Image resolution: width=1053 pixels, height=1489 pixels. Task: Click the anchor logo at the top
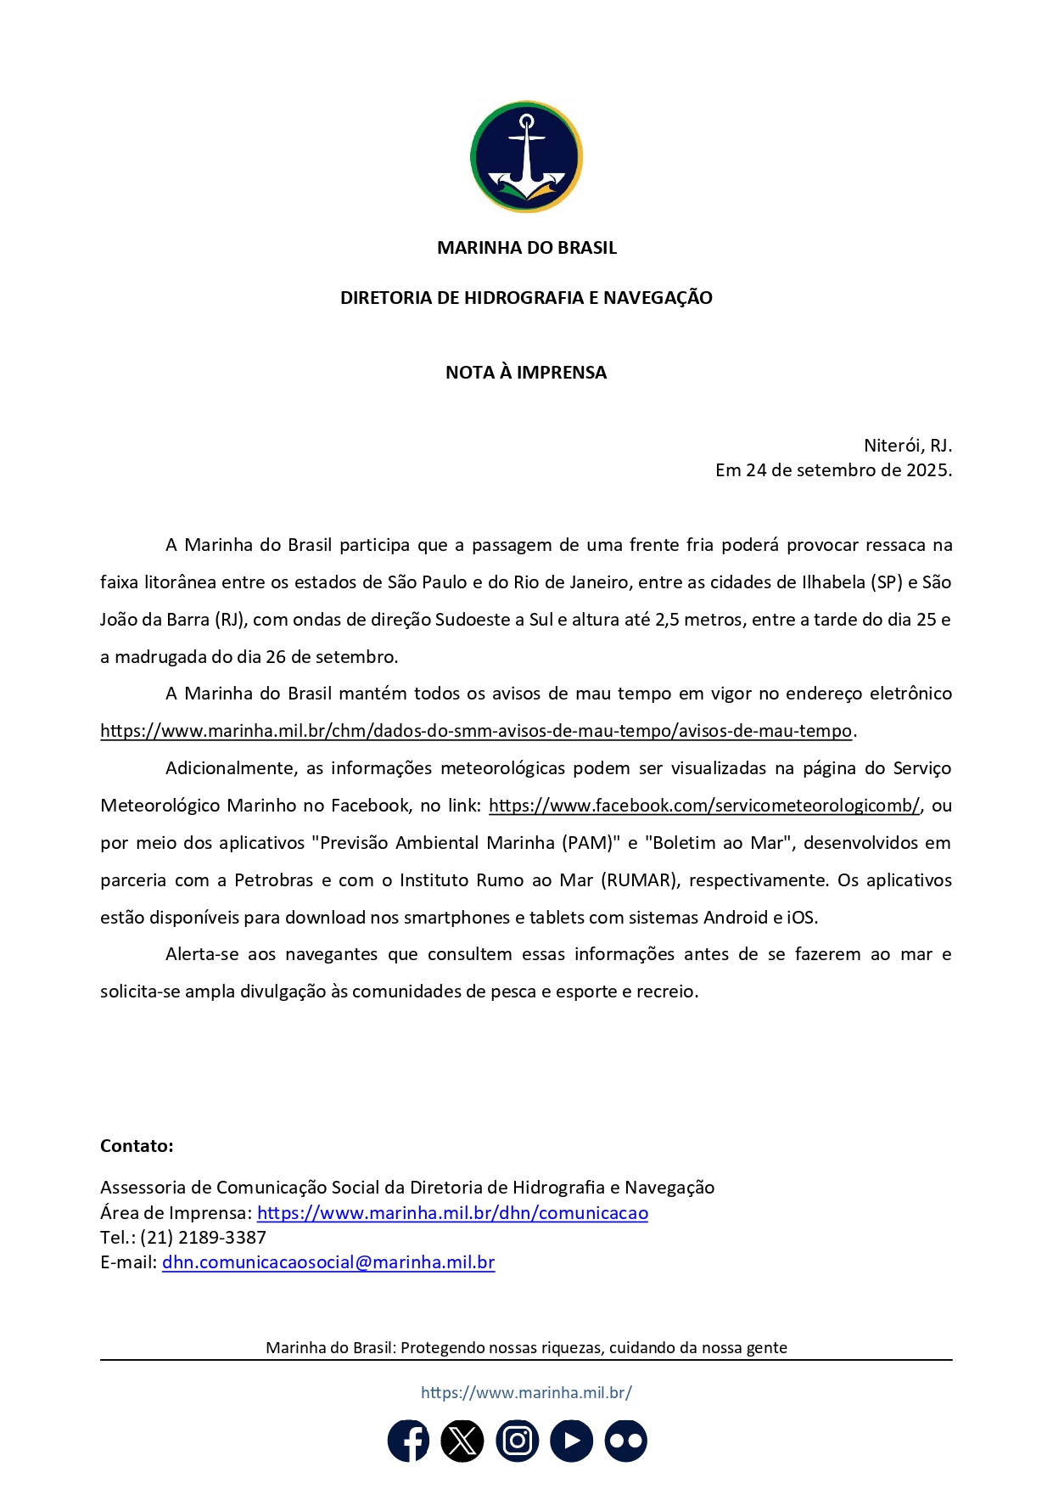pyautogui.click(x=526, y=157)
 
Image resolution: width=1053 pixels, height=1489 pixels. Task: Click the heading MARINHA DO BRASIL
pyautogui.click(x=526, y=248)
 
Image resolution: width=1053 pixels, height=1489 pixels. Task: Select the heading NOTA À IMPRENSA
pyautogui.click(x=526, y=373)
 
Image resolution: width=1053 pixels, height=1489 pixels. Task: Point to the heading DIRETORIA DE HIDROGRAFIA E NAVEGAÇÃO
pyautogui.click(x=526, y=298)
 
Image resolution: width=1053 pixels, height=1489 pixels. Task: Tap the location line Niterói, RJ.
pyautogui.click(x=907, y=446)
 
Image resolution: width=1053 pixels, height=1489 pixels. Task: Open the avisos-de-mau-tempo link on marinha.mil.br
pyautogui.click(x=475, y=731)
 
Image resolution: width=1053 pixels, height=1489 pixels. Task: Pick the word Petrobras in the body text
pyautogui.click(x=274, y=880)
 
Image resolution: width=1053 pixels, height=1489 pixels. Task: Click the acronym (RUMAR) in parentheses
pyautogui.click(x=640, y=880)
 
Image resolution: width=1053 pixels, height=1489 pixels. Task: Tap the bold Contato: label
pyautogui.click(x=137, y=1146)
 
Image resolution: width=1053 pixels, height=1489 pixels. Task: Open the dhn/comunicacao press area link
pyautogui.click(x=452, y=1213)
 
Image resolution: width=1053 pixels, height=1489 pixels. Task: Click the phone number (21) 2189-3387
pyautogui.click(x=204, y=1238)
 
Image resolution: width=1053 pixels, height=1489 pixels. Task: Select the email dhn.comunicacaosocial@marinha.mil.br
pyautogui.click(x=328, y=1262)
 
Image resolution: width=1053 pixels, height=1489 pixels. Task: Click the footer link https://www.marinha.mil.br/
pyautogui.click(x=526, y=1392)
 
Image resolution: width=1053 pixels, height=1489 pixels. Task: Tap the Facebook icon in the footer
pyautogui.click(x=409, y=1441)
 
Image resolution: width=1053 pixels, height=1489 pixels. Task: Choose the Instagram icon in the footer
pyautogui.click(x=518, y=1441)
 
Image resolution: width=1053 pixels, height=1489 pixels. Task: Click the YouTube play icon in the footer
pyautogui.click(x=572, y=1441)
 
